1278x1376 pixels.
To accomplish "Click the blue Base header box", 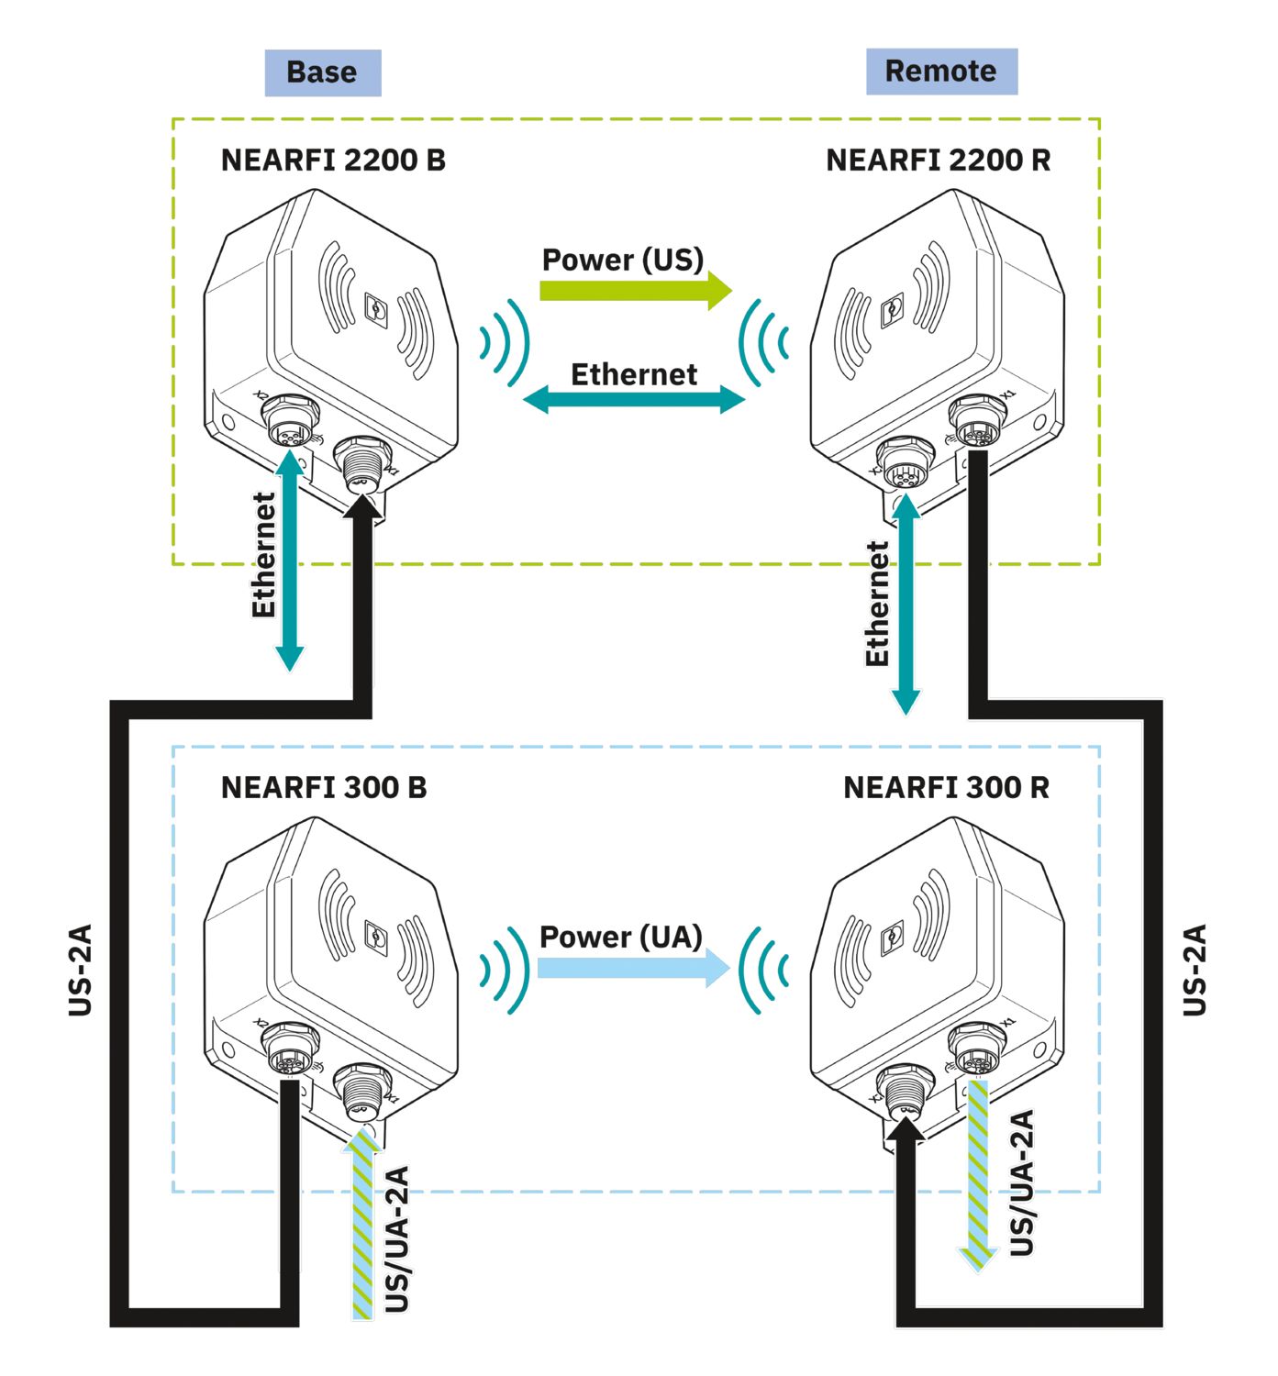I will [322, 72].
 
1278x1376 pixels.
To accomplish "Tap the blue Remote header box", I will [941, 72].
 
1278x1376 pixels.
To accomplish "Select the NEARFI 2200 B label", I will [333, 161].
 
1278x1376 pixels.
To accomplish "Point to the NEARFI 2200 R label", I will [938, 161].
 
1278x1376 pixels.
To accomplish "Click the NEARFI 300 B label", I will [324, 788].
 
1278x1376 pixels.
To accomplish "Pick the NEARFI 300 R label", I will [946, 788].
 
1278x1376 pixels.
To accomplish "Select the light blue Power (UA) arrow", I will [633, 968].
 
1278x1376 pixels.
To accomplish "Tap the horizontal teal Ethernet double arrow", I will [634, 400].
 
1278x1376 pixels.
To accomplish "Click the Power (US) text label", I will [623, 260].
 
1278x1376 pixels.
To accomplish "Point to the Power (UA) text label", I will [621, 937].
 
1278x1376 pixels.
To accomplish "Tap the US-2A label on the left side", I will [81, 970].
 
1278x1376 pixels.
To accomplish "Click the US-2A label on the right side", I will [1195, 970].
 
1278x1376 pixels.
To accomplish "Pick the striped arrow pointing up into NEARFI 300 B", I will [363, 1225].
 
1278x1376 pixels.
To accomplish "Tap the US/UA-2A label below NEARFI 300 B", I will [396, 1238].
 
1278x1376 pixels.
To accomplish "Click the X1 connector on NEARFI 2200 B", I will [362, 462].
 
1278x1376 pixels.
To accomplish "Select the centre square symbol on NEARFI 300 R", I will [891, 938].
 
